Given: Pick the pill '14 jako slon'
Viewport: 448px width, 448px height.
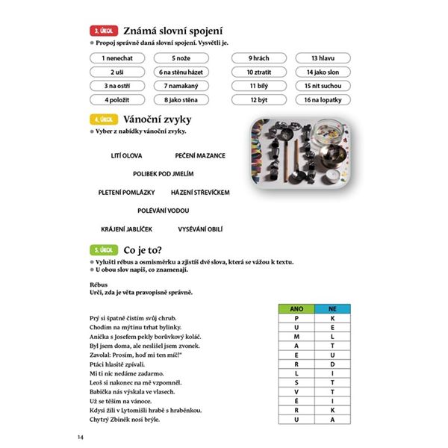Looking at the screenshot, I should [x=323, y=72].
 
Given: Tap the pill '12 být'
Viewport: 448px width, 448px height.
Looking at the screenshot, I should [x=258, y=99].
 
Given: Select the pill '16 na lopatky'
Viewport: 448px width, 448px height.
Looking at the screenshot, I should [x=323, y=99].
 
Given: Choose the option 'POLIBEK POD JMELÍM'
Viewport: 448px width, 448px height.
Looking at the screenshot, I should [x=164, y=174].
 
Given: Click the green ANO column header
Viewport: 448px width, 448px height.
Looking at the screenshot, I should [x=297, y=308].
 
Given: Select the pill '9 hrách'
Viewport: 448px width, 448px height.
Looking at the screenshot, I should [x=258, y=57].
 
